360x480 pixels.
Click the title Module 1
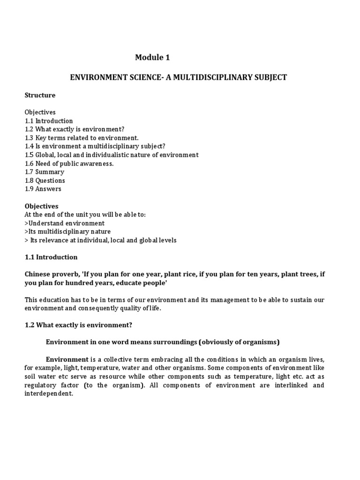tap(152, 58)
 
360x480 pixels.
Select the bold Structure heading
tap(40, 95)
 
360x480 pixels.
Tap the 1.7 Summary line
tap(45, 172)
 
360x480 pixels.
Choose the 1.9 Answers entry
tap(43, 189)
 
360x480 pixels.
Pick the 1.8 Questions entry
tap(45, 180)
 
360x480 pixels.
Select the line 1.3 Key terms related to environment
tap(82, 138)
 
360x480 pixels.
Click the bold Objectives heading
tap(41, 206)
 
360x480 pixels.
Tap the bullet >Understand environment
tap(64, 223)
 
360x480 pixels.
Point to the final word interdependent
tap(49, 394)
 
